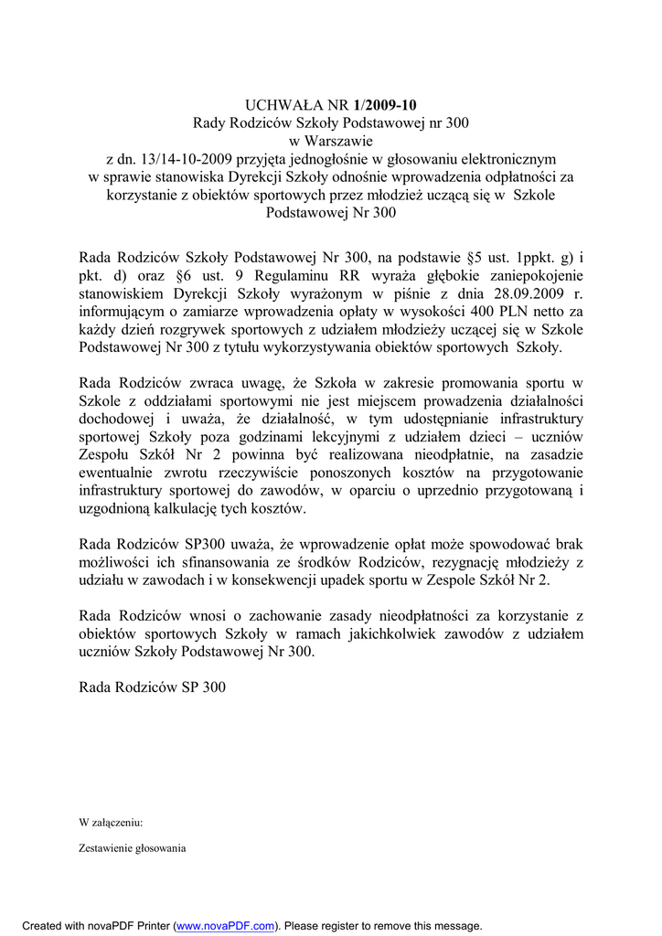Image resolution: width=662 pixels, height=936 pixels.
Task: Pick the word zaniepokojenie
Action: pyautogui.click(x=529, y=276)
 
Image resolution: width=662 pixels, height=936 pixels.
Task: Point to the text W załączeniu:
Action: pyautogui.click(x=111, y=822)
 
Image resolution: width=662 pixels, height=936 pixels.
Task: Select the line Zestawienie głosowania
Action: pyautogui.click(x=133, y=847)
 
